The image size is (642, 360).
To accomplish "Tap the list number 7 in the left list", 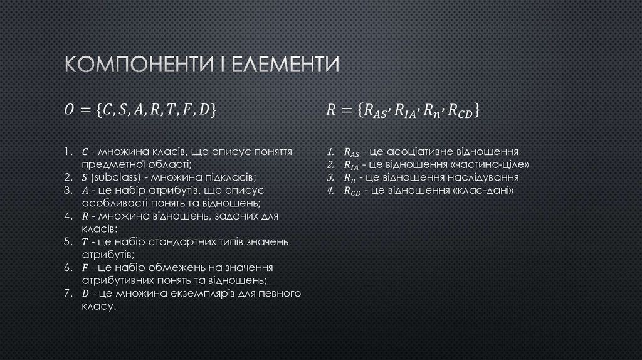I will (67, 294).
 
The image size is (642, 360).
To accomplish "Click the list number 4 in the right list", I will (330, 191).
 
